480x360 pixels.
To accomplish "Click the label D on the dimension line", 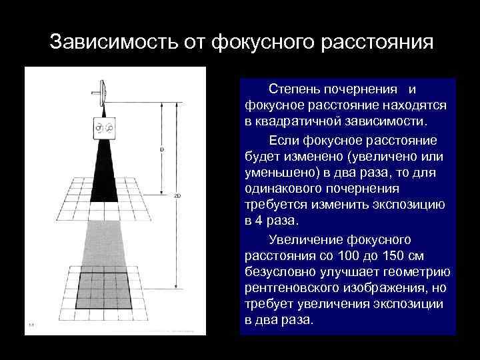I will click(x=162, y=149).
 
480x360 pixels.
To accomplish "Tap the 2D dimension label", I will click(x=177, y=196).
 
